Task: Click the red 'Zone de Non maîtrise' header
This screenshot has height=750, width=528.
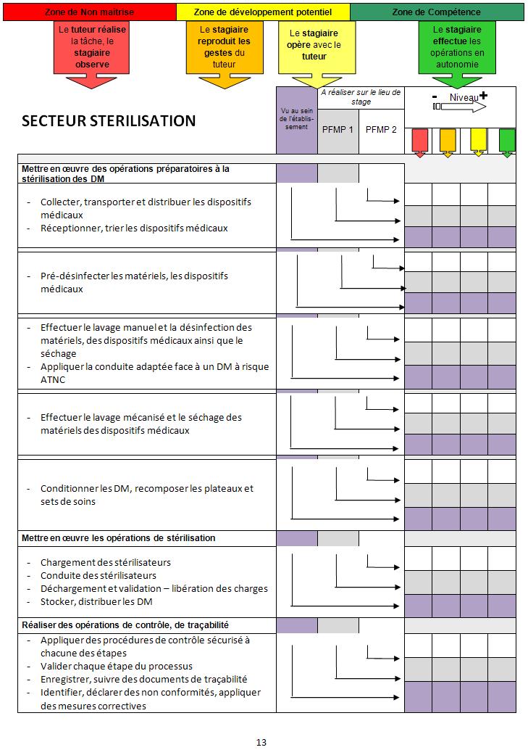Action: click(x=88, y=12)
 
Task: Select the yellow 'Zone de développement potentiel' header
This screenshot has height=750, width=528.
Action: click(x=264, y=12)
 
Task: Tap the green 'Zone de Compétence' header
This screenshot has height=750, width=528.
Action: click(x=436, y=12)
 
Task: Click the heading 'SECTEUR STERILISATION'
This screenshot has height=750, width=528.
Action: click(x=109, y=121)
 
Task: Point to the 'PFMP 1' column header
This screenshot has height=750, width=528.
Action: click(x=338, y=129)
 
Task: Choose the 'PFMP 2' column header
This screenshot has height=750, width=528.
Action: click(x=381, y=129)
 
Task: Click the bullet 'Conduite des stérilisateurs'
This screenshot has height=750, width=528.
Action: click(x=99, y=575)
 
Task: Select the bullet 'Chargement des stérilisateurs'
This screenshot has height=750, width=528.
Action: click(x=106, y=562)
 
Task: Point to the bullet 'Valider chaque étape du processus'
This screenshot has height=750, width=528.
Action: click(x=117, y=666)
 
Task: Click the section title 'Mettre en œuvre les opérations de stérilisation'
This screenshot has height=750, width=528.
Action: click(x=119, y=538)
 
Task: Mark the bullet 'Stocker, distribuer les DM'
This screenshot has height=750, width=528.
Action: click(x=96, y=601)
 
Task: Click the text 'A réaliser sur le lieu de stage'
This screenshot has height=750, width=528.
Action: click(x=360, y=97)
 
